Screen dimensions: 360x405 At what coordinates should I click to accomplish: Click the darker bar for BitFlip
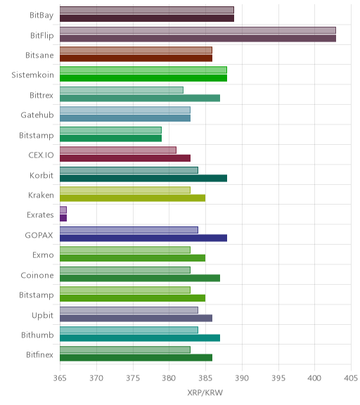point(198,39)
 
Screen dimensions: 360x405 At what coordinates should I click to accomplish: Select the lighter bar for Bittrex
point(122,90)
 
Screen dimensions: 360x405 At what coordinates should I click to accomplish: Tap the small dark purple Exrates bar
point(63,218)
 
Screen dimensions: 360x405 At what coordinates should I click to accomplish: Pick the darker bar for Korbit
point(143,178)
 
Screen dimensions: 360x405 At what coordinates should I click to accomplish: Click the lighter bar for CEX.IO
point(118,150)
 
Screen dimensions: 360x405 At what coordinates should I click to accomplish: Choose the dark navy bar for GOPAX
point(143,238)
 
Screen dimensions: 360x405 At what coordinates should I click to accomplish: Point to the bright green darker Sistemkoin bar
point(143,78)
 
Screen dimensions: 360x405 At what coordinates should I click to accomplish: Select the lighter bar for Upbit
point(129,310)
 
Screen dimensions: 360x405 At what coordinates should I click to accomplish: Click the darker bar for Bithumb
point(140,338)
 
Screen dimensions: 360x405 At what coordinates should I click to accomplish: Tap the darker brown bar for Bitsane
point(136,58)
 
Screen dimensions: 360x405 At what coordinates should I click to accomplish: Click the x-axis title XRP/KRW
point(205,393)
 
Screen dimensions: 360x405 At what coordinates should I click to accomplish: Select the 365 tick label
point(60,378)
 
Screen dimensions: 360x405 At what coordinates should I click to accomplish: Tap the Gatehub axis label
point(37,115)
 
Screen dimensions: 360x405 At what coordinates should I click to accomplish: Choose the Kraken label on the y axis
point(41,195)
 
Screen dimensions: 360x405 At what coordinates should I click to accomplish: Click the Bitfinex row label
point(40,355)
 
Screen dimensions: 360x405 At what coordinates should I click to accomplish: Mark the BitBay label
point(41,15)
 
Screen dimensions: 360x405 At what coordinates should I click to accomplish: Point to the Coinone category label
point(37,276)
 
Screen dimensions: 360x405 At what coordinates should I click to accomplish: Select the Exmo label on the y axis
point(43,255)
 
